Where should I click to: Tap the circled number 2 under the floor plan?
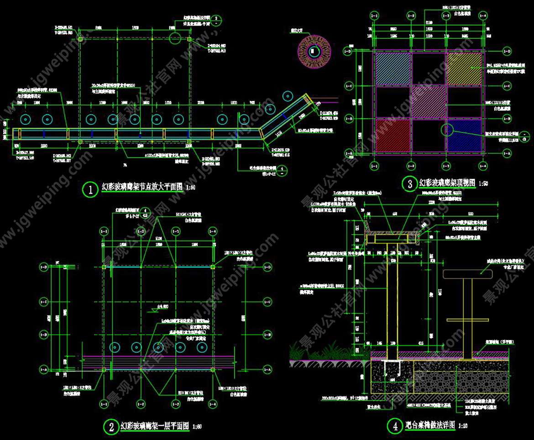coord(111,427)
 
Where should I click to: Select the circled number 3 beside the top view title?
coord(408,183)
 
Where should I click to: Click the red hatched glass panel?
coord(392,136)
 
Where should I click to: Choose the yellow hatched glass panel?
coord(464,68)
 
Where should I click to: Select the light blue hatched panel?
coord(392,68)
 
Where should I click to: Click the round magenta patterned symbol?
coord(313,50)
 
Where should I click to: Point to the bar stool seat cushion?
coord(468,274)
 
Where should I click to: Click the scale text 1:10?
coord(464,426)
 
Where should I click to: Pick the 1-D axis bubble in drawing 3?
coord(361,52)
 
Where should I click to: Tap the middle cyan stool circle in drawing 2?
coord(158,347)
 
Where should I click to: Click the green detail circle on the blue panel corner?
coord(447,130)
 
